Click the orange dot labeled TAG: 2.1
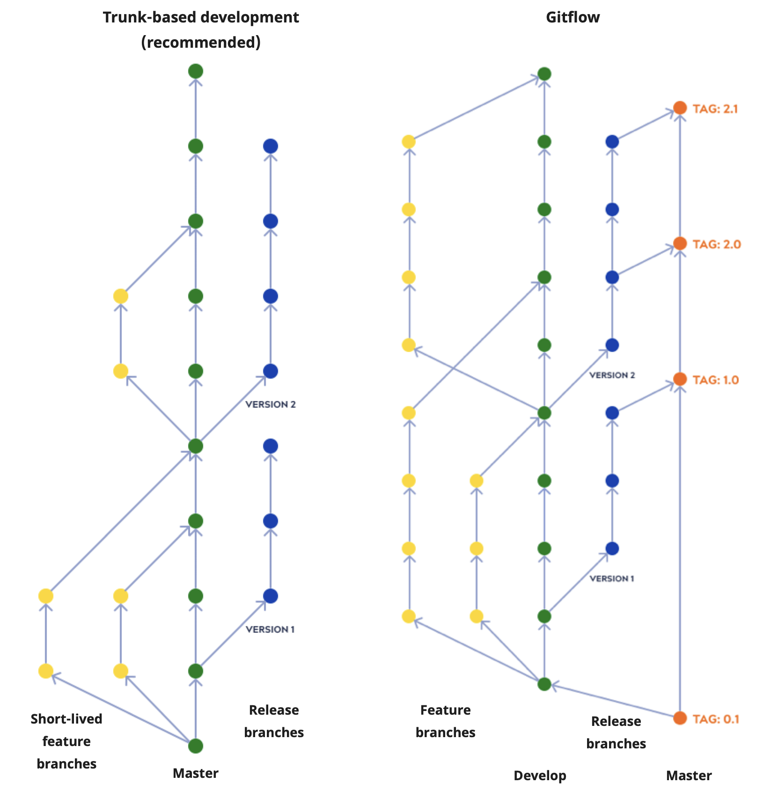pos(680,108)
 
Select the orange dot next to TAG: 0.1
pos(680,718)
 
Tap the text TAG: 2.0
pos(716,244)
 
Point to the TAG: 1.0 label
pos(715,380)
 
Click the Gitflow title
pos(572,17)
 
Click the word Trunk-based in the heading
pos(142,17)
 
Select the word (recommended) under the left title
pos(200,43)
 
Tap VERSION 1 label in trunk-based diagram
pos(270,629)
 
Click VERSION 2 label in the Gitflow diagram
pos(612,375)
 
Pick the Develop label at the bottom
pos(540,776)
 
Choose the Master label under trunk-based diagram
pos(195,773)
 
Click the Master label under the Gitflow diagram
pos(689,776)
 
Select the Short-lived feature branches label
pos(66,741)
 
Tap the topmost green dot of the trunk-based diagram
pos(196,72)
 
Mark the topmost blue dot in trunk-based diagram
pos(271,146)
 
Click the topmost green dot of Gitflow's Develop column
pos(544,74)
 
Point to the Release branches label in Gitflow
pos(616,732)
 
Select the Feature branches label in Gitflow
pos(445,721)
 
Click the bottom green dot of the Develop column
pos(544,684)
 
